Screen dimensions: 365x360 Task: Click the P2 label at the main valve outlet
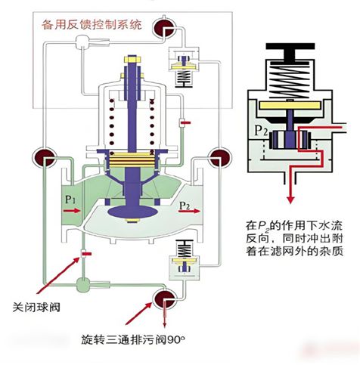[184, 205]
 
